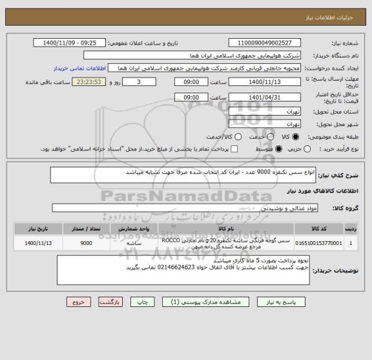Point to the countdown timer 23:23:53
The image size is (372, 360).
point(86,82)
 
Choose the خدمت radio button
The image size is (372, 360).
point(267,137)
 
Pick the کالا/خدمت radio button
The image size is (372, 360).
point(238,137)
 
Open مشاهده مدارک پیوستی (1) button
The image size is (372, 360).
point(211,302)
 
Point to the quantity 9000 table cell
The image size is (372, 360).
point(85,244)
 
